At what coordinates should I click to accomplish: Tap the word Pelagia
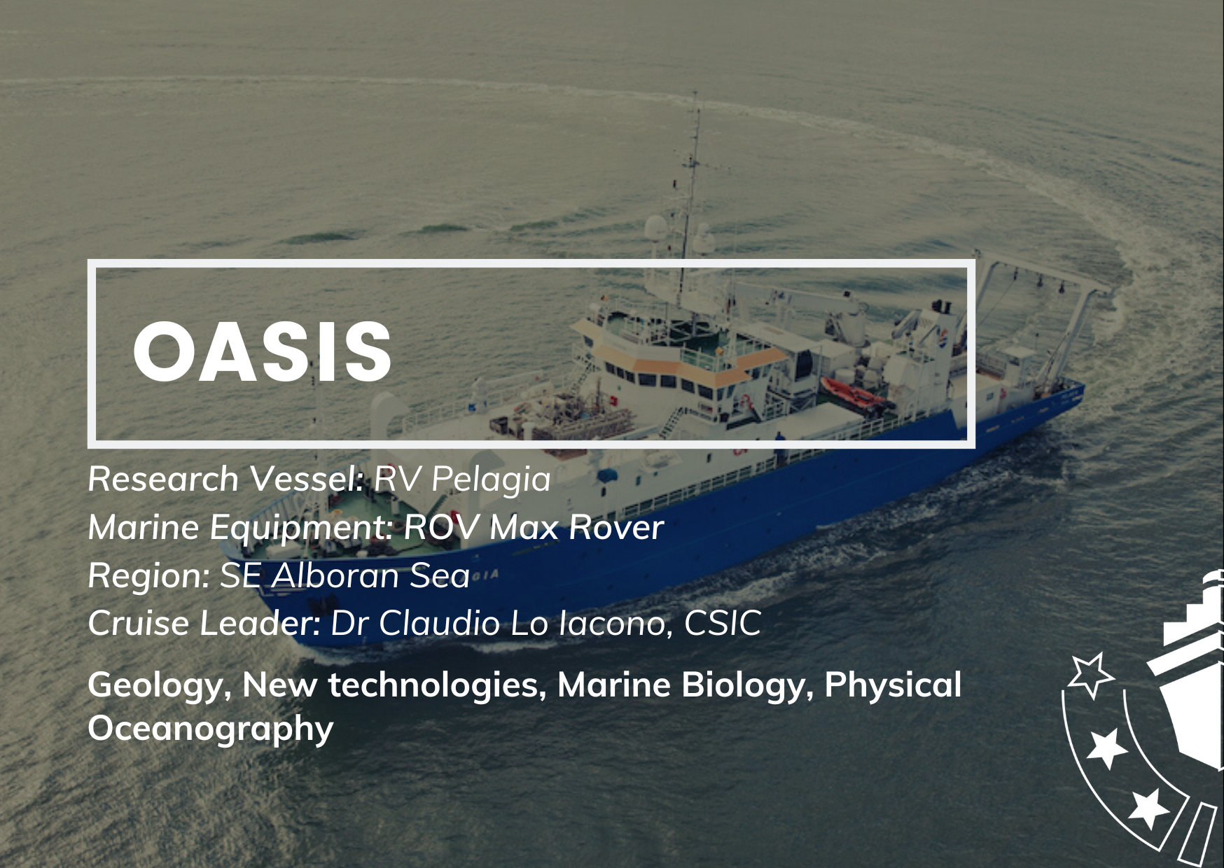[x=491, y=480]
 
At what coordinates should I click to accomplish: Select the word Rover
[x=616, y=527]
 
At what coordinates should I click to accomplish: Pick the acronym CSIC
[x=722, y=624]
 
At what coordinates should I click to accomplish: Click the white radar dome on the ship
[x=655, y=228]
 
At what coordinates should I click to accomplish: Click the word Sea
[x=440, y=575]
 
